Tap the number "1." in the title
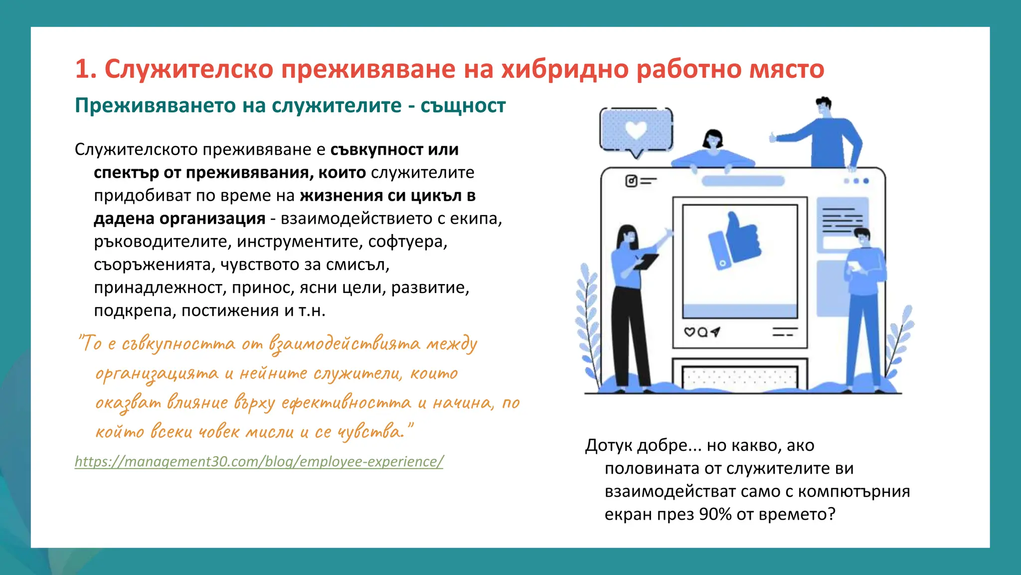pos(86,69)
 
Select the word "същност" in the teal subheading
pos(463,106)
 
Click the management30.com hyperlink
pos(259,461)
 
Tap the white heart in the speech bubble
pos(636,130)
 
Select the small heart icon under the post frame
pos(689,332)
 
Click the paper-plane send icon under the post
pos(715,332)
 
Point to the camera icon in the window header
pos(631,181)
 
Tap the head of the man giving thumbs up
pos(824,106)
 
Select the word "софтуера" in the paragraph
pos(407,242)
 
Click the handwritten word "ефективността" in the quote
pos(346,403)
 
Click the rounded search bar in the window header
pos(743,181)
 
